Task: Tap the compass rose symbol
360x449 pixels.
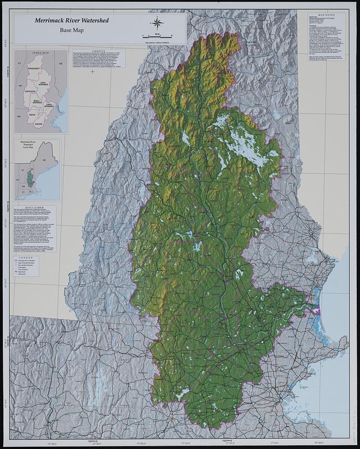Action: pyautogui.click(x=156, y=23)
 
